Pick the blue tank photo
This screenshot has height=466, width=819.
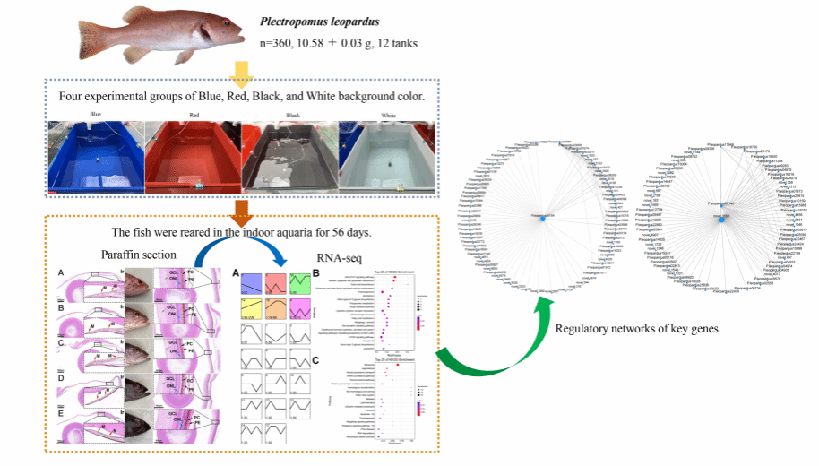tap(97, 158)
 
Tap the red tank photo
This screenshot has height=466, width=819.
tap(193, 158)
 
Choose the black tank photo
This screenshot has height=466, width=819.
tap(289, 158)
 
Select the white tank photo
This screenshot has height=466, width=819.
tap(386, 158)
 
